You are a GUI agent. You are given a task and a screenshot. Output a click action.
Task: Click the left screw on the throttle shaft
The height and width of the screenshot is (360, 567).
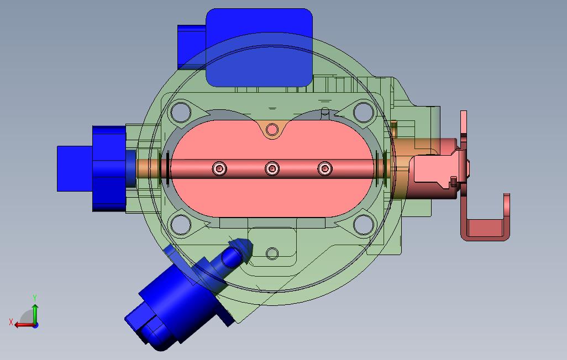point(219,168)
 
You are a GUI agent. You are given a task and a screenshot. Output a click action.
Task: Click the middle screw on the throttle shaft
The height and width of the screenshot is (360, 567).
point(272,168)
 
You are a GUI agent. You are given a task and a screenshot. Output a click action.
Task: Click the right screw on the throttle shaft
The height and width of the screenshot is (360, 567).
point(325,168)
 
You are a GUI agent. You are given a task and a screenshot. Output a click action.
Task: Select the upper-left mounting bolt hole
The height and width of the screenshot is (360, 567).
point(181,112)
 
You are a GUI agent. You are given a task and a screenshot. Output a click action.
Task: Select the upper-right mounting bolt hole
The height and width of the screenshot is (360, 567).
point(364,112)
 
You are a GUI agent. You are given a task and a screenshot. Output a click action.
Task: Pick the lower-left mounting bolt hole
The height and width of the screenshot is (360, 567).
point(181,225)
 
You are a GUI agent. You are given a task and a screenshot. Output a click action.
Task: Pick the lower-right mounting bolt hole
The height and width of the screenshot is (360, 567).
point(364,225)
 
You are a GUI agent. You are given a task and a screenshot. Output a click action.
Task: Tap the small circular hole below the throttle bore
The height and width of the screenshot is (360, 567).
point(272,254)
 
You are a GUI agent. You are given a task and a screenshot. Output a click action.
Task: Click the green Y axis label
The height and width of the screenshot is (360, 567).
point(35,298)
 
